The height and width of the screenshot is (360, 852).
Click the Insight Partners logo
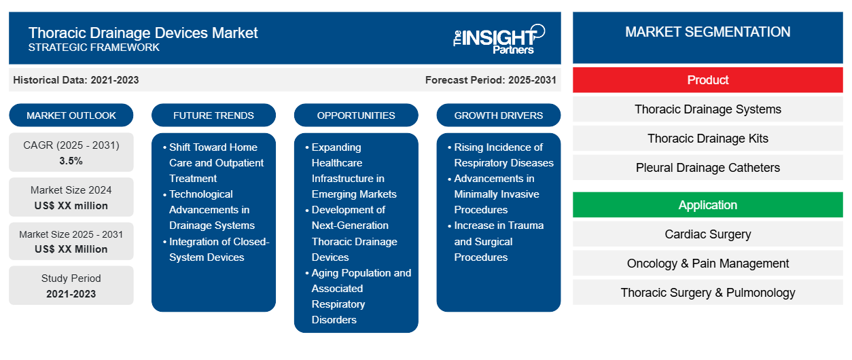pos(499,38)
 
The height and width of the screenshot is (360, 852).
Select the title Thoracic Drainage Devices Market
pos(143,32)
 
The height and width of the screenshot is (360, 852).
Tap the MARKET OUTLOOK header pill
pos(71,115)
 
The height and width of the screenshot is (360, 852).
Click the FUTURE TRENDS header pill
pos(213,115)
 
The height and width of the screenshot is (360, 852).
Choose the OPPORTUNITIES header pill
pos(356,115)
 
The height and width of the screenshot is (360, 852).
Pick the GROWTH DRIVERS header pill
pos(499,115)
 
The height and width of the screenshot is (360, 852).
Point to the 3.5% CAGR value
pos(71,161)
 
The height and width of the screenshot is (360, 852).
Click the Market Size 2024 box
pos(71,198)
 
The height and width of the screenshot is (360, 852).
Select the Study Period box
pos(71,286)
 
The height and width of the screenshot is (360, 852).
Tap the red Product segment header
pos(707,80)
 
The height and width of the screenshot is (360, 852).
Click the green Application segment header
pos(707,205)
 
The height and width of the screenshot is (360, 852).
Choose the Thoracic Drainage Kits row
pos(707,139)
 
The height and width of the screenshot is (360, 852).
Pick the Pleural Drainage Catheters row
pos(707,168)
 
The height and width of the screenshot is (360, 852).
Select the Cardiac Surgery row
pos(707,234)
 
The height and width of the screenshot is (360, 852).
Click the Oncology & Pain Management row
pos(707,264)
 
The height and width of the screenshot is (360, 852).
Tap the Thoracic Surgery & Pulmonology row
pos(707,293)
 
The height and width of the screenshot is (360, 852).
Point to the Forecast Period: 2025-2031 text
pos(491,80)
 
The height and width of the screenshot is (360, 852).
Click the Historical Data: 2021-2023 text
pos(76,80)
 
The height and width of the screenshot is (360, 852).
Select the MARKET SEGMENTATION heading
pos(707,32)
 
